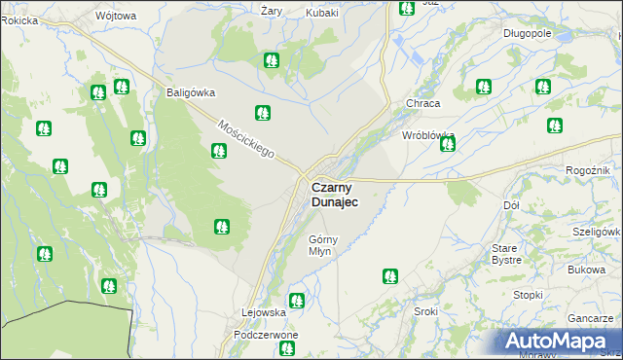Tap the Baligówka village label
[x=184, y=93]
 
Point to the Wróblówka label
[x=429, y=135]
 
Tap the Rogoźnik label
[x=587, y=171]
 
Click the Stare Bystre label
[x=506, y=255]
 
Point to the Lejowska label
[x=263, y=312]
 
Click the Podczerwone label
[x=266, y=334]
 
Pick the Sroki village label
[x=425, y=311]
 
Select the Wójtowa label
[x=117, y=17]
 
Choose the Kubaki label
[x=322, y=13]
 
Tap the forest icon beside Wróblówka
[x=447, y=145]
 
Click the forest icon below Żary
[x=271, y=60]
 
